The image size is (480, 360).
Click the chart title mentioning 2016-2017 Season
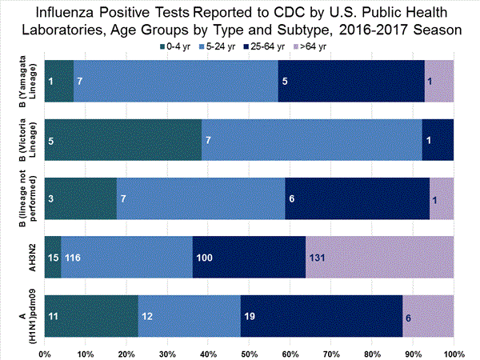coord(240,22)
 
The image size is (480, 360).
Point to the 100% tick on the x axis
coord(453,352)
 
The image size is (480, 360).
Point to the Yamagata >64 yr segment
coord(439,80)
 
